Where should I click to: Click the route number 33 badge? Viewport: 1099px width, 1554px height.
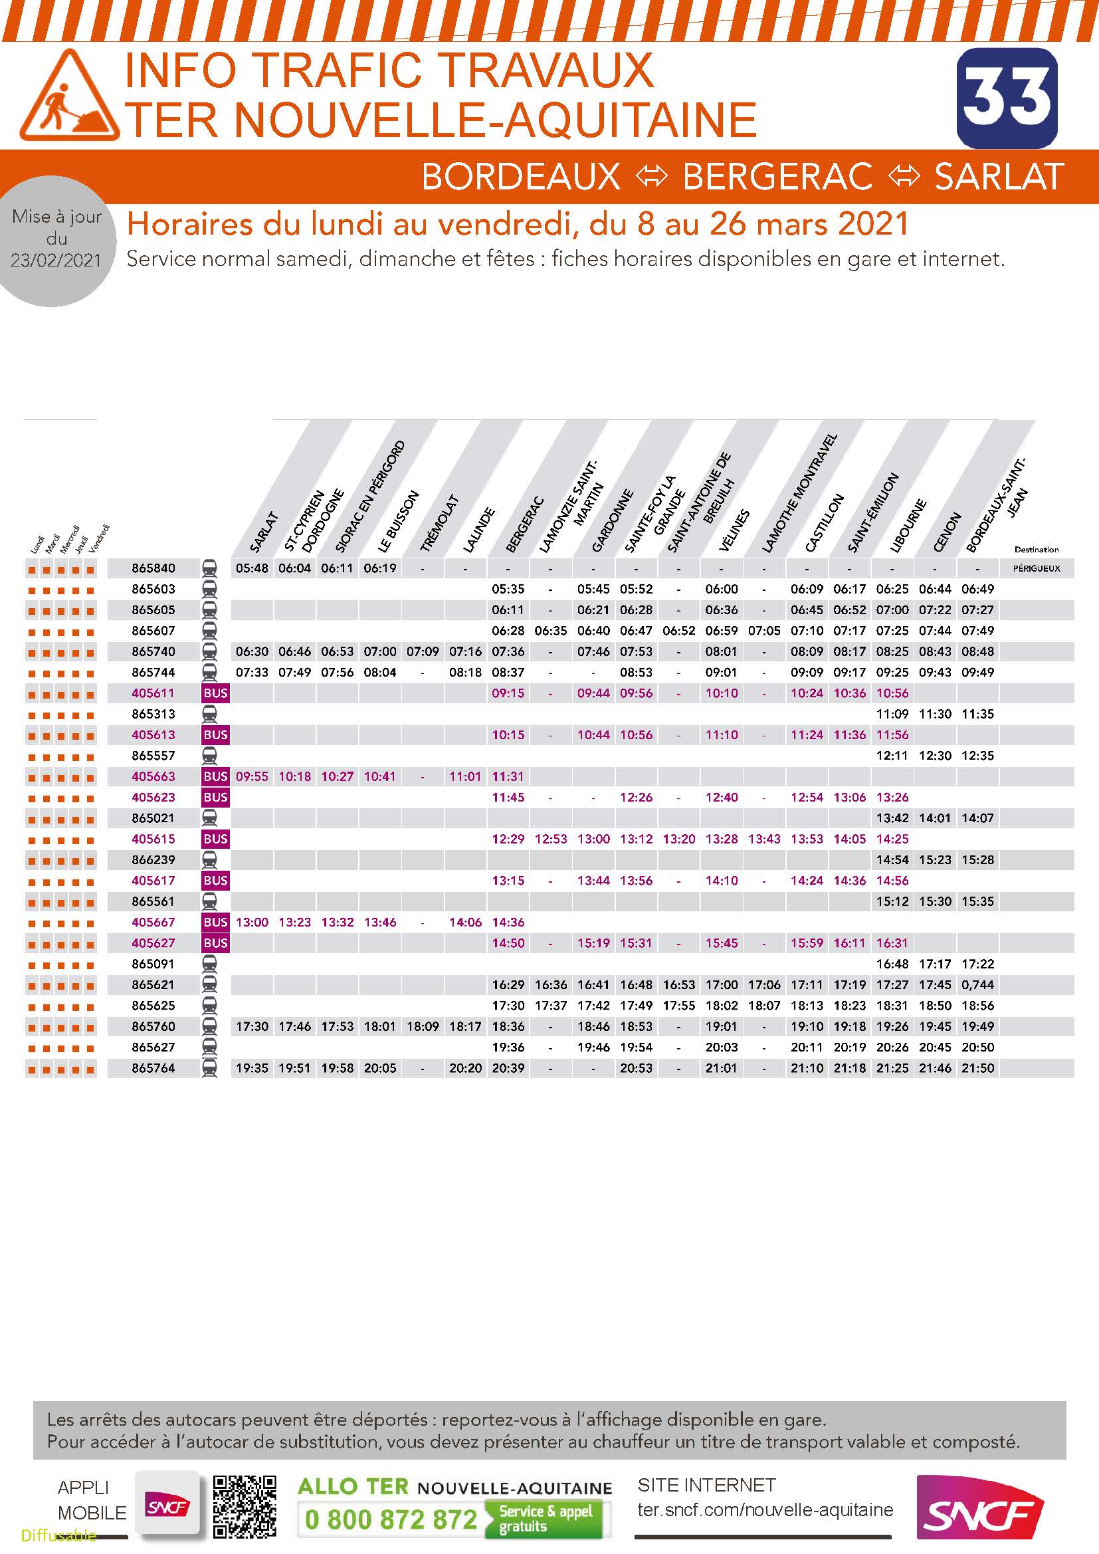[1007, 98]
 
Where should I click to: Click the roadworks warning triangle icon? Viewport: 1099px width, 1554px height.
[70, 95]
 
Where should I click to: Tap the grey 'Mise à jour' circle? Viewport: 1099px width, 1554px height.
[57, 239]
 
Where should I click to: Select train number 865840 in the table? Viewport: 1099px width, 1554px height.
[153, 568]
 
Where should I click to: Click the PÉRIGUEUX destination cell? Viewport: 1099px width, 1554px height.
[1037, 568]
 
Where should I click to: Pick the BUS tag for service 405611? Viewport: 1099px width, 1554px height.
[215, 693]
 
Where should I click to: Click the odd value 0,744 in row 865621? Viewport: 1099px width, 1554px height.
[978, 985]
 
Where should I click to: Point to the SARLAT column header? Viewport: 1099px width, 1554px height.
[264, 532]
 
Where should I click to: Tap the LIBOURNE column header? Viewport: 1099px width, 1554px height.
[908, 526]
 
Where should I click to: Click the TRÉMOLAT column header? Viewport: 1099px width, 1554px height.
[439, 523]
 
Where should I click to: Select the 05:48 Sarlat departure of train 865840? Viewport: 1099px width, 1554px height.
[252, 568]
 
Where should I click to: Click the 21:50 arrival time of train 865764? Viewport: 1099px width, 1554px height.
[978, 1068]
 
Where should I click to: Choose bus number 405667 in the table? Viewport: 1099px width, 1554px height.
[153, 923]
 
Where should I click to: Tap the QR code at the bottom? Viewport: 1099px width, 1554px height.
[245, 1507]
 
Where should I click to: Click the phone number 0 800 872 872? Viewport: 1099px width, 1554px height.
[391, 1519]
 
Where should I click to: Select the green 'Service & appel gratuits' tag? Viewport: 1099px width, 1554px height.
[546, 1519]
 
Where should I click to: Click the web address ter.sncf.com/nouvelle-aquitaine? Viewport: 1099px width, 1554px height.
[765, 1510]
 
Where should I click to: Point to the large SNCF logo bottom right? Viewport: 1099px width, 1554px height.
[980, 1508]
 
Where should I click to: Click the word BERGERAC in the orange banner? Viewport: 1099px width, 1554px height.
[777, 177]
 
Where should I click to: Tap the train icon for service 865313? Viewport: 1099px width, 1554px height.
[210, 714]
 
